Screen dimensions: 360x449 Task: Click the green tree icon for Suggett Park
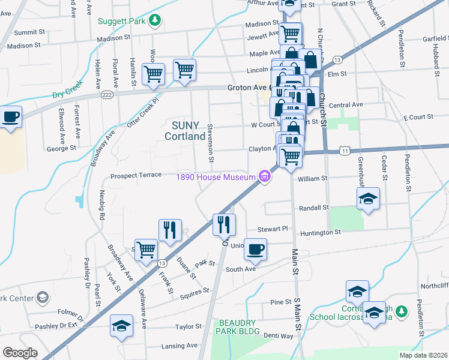tap(155, 20)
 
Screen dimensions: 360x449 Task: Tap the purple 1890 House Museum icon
tap(264, 176)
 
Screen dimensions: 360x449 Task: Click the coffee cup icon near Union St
tap(255, 250)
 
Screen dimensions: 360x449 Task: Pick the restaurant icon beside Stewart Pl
tap(224, 224)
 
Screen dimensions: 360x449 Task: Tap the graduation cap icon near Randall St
tap(368, 199)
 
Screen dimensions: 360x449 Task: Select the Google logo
tap(20, 353)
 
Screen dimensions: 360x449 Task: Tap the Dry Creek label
tap(66, 94)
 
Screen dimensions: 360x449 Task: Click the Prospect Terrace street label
tap(136, 175)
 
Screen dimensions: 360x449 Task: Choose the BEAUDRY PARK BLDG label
tap(239, 327)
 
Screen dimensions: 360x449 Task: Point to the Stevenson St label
tap(211, 143)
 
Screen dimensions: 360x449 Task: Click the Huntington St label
tap(321, 232)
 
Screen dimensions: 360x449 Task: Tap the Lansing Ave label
tap(179, 346)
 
